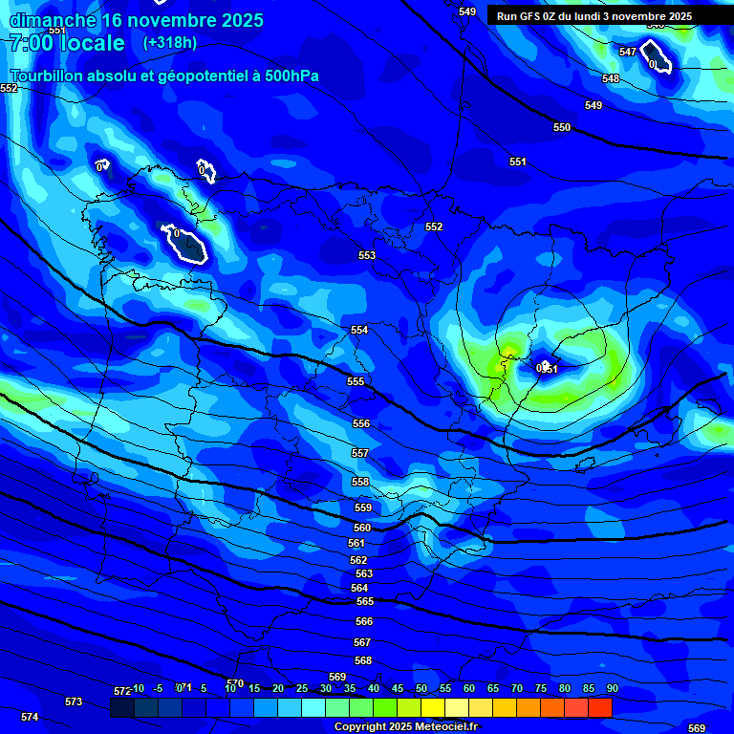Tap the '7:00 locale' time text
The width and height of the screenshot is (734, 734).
(x=67, y=43)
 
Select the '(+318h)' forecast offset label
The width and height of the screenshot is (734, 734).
(x=169, y=43)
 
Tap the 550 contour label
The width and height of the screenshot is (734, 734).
(x=562, y=127)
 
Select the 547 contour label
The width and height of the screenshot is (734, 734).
(x=628, y=52)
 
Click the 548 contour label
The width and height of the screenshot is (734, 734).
(x=611, y=78)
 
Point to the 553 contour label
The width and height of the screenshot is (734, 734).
(x=367, y=255)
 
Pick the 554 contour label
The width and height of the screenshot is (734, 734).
(x=359, y=330)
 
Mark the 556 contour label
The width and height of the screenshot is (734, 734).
(x=360, y=423)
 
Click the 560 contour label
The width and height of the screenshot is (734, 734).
(x=362, y=528)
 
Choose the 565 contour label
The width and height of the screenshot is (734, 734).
(x=364, y=601)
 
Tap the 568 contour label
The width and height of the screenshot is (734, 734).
(x=362, y=660)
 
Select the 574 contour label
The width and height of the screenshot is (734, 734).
(x=30, y=717)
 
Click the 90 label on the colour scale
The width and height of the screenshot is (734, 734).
(x=612, y=688)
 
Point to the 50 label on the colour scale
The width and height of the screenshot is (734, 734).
(x=421, y=688)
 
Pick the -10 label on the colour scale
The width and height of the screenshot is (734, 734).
(x=138, y=688)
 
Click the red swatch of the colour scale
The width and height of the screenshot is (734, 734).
(x=600, y=707)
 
